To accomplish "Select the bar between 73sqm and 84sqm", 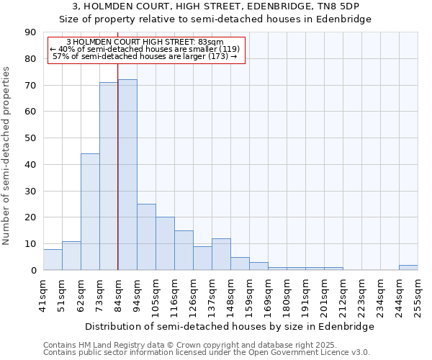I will coord(109,176).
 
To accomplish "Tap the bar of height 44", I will coord(90,212).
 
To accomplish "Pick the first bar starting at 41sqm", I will coord(53,259).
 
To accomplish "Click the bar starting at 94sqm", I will coord(146,237).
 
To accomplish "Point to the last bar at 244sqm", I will coord(408,267).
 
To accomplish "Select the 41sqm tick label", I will coord(44,294).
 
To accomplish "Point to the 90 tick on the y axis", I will coord(30,32).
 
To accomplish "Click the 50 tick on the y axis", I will coord(30,138).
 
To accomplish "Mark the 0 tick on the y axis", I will coord(33,271).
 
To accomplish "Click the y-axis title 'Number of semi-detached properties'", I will coord(7,156).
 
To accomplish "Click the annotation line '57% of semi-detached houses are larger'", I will coord(145,56).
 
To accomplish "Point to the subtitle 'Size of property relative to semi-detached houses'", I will coord(216,19).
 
